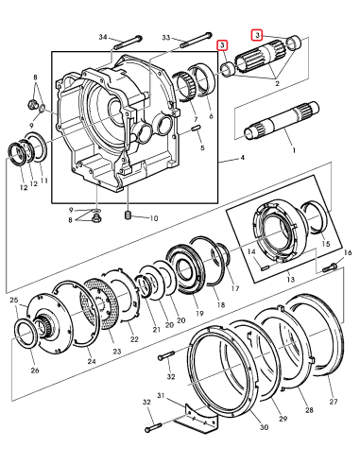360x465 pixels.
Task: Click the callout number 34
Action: [103, 37]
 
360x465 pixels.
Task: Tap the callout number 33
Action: [166, 37]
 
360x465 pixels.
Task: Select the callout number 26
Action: [35, 370]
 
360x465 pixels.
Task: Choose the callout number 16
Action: [347, 253]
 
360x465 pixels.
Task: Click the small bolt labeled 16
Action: [330, 269]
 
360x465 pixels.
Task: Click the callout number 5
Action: [201, 148]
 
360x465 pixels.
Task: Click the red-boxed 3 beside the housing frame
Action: [222, 44]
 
